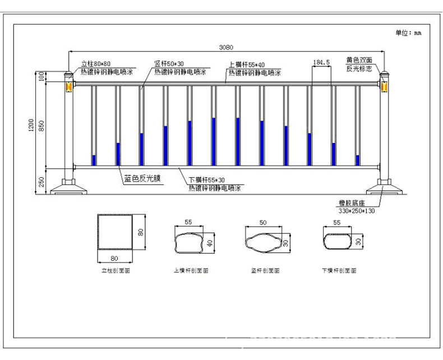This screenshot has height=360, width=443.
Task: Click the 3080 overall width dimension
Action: (225, 47)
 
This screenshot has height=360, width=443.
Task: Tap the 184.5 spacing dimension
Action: (321, 62)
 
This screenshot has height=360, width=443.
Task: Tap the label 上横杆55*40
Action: (247, 64)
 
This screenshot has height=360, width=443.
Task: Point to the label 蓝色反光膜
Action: (142, 179)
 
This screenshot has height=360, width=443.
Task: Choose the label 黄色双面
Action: (358, 59)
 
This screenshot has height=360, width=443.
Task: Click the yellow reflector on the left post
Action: (69, 87)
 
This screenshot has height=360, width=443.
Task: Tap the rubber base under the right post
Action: (384, 187)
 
